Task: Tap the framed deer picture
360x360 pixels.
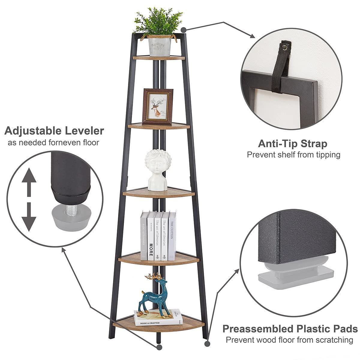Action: tap(158, 106)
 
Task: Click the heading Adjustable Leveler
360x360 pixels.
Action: tap(54, 131)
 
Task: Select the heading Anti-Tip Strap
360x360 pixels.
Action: tap(292, 144)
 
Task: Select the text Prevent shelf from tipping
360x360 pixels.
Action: tap(293, 155)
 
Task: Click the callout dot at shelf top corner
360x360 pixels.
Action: tap(184, 29)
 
